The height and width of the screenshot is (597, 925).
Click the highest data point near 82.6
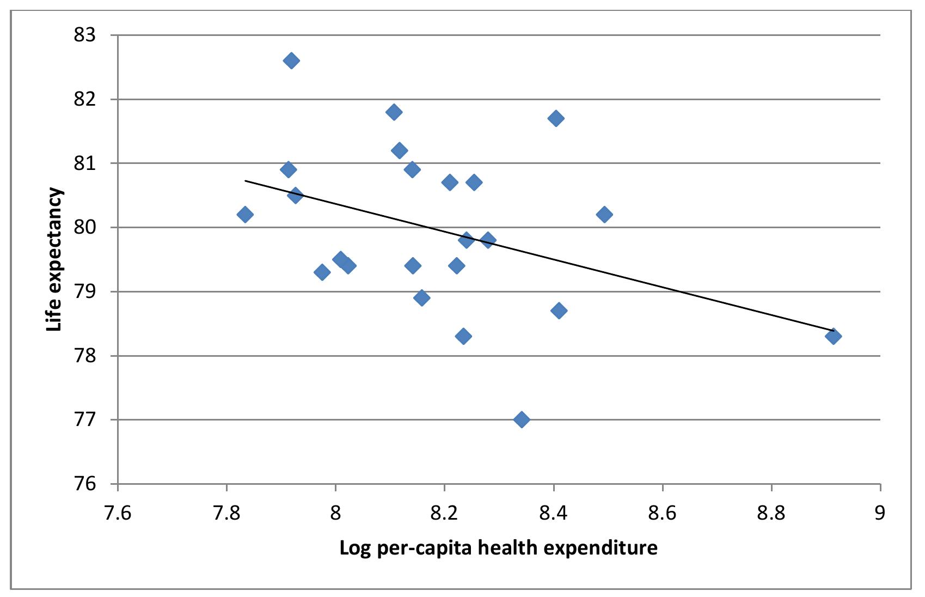point(291,60)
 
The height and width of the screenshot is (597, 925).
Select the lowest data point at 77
point(522,419)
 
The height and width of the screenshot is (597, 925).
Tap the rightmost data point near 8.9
point(833,336)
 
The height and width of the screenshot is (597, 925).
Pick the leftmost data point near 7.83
point(245,215)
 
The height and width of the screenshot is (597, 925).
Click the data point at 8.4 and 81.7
point(556,118)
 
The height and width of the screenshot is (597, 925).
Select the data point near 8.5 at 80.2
point(604,215)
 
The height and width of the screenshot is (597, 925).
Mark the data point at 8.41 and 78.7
point(559,310)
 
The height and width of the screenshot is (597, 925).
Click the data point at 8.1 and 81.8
point(394,112)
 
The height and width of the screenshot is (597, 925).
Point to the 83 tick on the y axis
point(84,35)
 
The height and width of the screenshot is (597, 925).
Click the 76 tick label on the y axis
point(84,484)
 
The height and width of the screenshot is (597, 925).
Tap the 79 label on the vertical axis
point(84,291)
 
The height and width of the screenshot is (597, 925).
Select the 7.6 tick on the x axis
point(118,513)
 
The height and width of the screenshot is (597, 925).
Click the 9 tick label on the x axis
point(880,513)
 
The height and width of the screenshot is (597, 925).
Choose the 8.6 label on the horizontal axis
point(663,513)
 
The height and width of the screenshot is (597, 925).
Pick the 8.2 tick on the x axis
point(444,513)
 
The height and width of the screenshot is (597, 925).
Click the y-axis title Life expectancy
point(54,259)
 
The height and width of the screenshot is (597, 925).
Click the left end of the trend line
point(246,180)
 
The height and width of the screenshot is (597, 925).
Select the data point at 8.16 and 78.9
point(421,297)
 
